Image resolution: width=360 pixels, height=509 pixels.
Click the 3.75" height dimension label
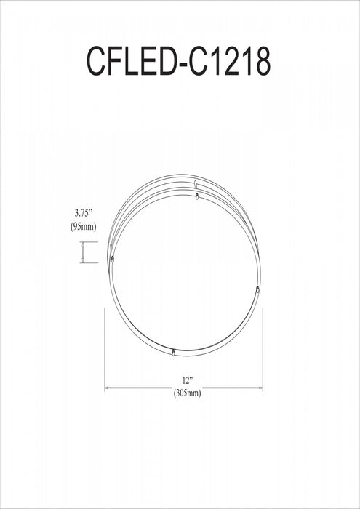point(85,213)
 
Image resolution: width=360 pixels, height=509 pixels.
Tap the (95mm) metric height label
point(85,227)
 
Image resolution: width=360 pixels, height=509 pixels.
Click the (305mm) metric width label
point(187,393)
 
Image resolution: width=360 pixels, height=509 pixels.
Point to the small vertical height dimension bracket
point(84,253)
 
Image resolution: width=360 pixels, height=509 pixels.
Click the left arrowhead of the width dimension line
point(108,388)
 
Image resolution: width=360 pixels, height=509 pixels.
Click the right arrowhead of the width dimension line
point(260,388)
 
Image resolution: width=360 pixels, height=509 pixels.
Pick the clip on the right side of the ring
point(257,290)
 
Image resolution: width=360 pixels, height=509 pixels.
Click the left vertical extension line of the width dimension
point(105,349)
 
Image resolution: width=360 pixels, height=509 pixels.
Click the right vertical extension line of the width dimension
point(263,349)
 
